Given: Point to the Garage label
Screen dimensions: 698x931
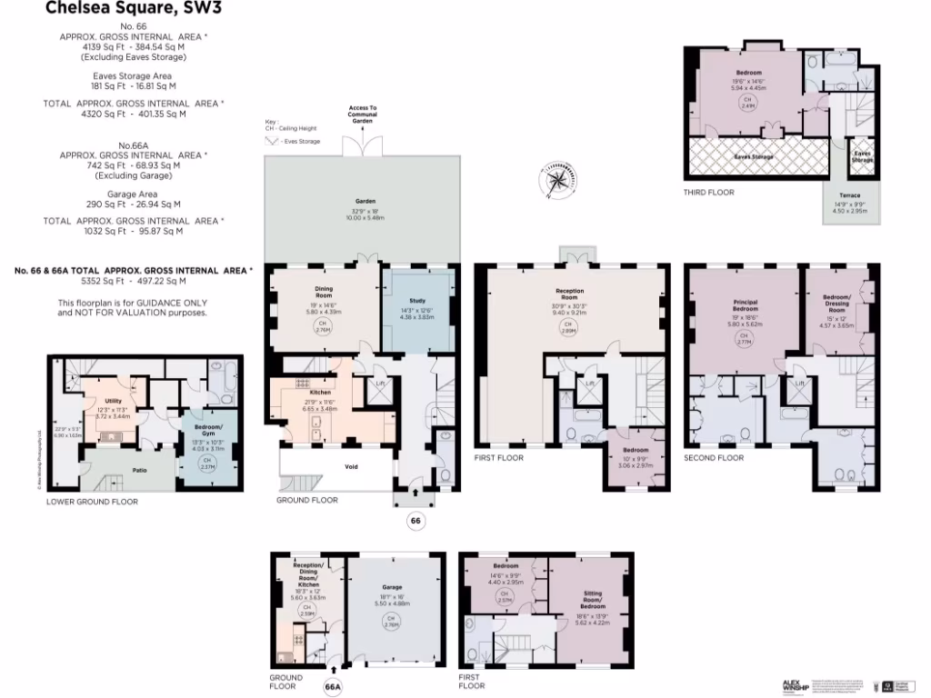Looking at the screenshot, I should click(392, 587).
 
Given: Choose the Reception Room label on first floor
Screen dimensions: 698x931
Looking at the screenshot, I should click(569, 294).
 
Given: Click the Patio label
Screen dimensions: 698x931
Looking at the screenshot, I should click(140, 470).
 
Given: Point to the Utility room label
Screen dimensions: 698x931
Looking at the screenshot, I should click(114, 400).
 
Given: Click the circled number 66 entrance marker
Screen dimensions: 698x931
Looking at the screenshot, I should click(415, 521).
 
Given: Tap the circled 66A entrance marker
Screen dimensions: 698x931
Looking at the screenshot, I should click(333, 687).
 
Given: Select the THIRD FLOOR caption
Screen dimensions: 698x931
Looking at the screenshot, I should click(709, 193).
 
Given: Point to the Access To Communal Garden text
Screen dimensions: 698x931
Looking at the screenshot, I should click(362, 115).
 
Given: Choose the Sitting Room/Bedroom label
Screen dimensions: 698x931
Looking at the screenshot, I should click(593, 597).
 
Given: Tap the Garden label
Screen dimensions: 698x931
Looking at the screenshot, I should click(365, 201).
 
